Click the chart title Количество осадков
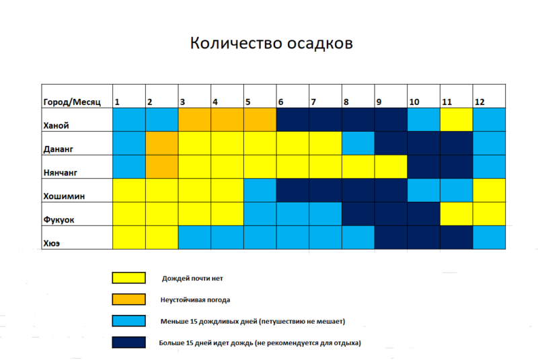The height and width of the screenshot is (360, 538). click(272, 43)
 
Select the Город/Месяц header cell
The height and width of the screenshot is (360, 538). click(77, 96)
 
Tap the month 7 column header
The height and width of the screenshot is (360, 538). click(325, 96)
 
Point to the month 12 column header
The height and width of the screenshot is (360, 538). click(489, 96)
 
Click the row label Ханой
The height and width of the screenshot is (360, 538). click(56, 126)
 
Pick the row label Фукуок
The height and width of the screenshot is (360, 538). click(59, 219)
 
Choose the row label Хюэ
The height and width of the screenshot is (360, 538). click(52, 244)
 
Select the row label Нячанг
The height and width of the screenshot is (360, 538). click(60, 173)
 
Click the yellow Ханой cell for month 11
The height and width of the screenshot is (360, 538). click(457, 120)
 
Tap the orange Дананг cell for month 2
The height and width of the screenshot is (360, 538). click(161, 143)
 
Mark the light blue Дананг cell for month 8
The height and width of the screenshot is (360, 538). click(358, 143)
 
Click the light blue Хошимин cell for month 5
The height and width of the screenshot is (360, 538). click(260, 190)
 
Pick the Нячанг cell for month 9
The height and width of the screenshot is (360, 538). click(391, 167)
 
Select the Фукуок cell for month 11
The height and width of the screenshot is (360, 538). click(457, 214)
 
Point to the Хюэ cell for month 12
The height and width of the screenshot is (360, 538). click(489, 238)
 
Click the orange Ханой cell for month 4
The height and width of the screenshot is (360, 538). click(227, 120)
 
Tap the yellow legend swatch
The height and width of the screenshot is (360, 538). click(128, 278)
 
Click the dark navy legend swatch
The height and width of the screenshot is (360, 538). click(128, 343)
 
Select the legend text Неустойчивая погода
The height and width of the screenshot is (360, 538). click(195, 300)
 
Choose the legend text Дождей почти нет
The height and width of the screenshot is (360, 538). click(192, 279)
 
